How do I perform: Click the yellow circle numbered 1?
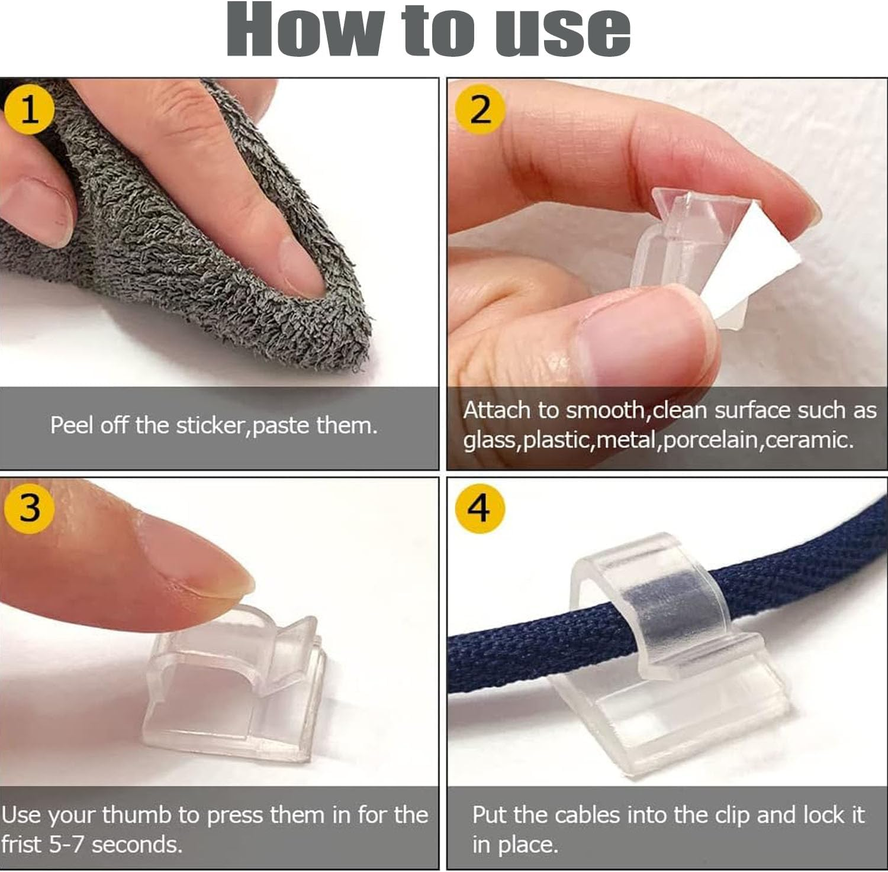pos(29,109)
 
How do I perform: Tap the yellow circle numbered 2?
pos(480,109)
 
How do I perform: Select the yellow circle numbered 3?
pos(29,508)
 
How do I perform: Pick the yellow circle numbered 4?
pos(480,508)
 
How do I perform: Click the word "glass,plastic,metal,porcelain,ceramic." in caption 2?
pos(658,440)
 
